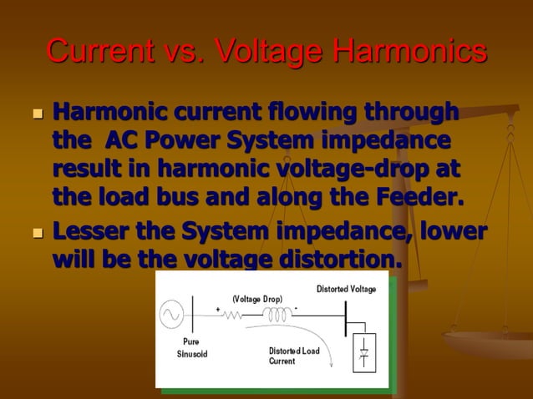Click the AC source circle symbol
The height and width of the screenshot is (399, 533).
(x=172, y=315)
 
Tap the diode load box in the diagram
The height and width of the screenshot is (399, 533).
(x=363, y=353)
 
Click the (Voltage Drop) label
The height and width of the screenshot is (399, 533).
(x=257, y=298)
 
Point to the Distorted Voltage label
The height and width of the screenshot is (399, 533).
(x=346, y=289)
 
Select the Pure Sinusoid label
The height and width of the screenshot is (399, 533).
(x=190, y=348)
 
